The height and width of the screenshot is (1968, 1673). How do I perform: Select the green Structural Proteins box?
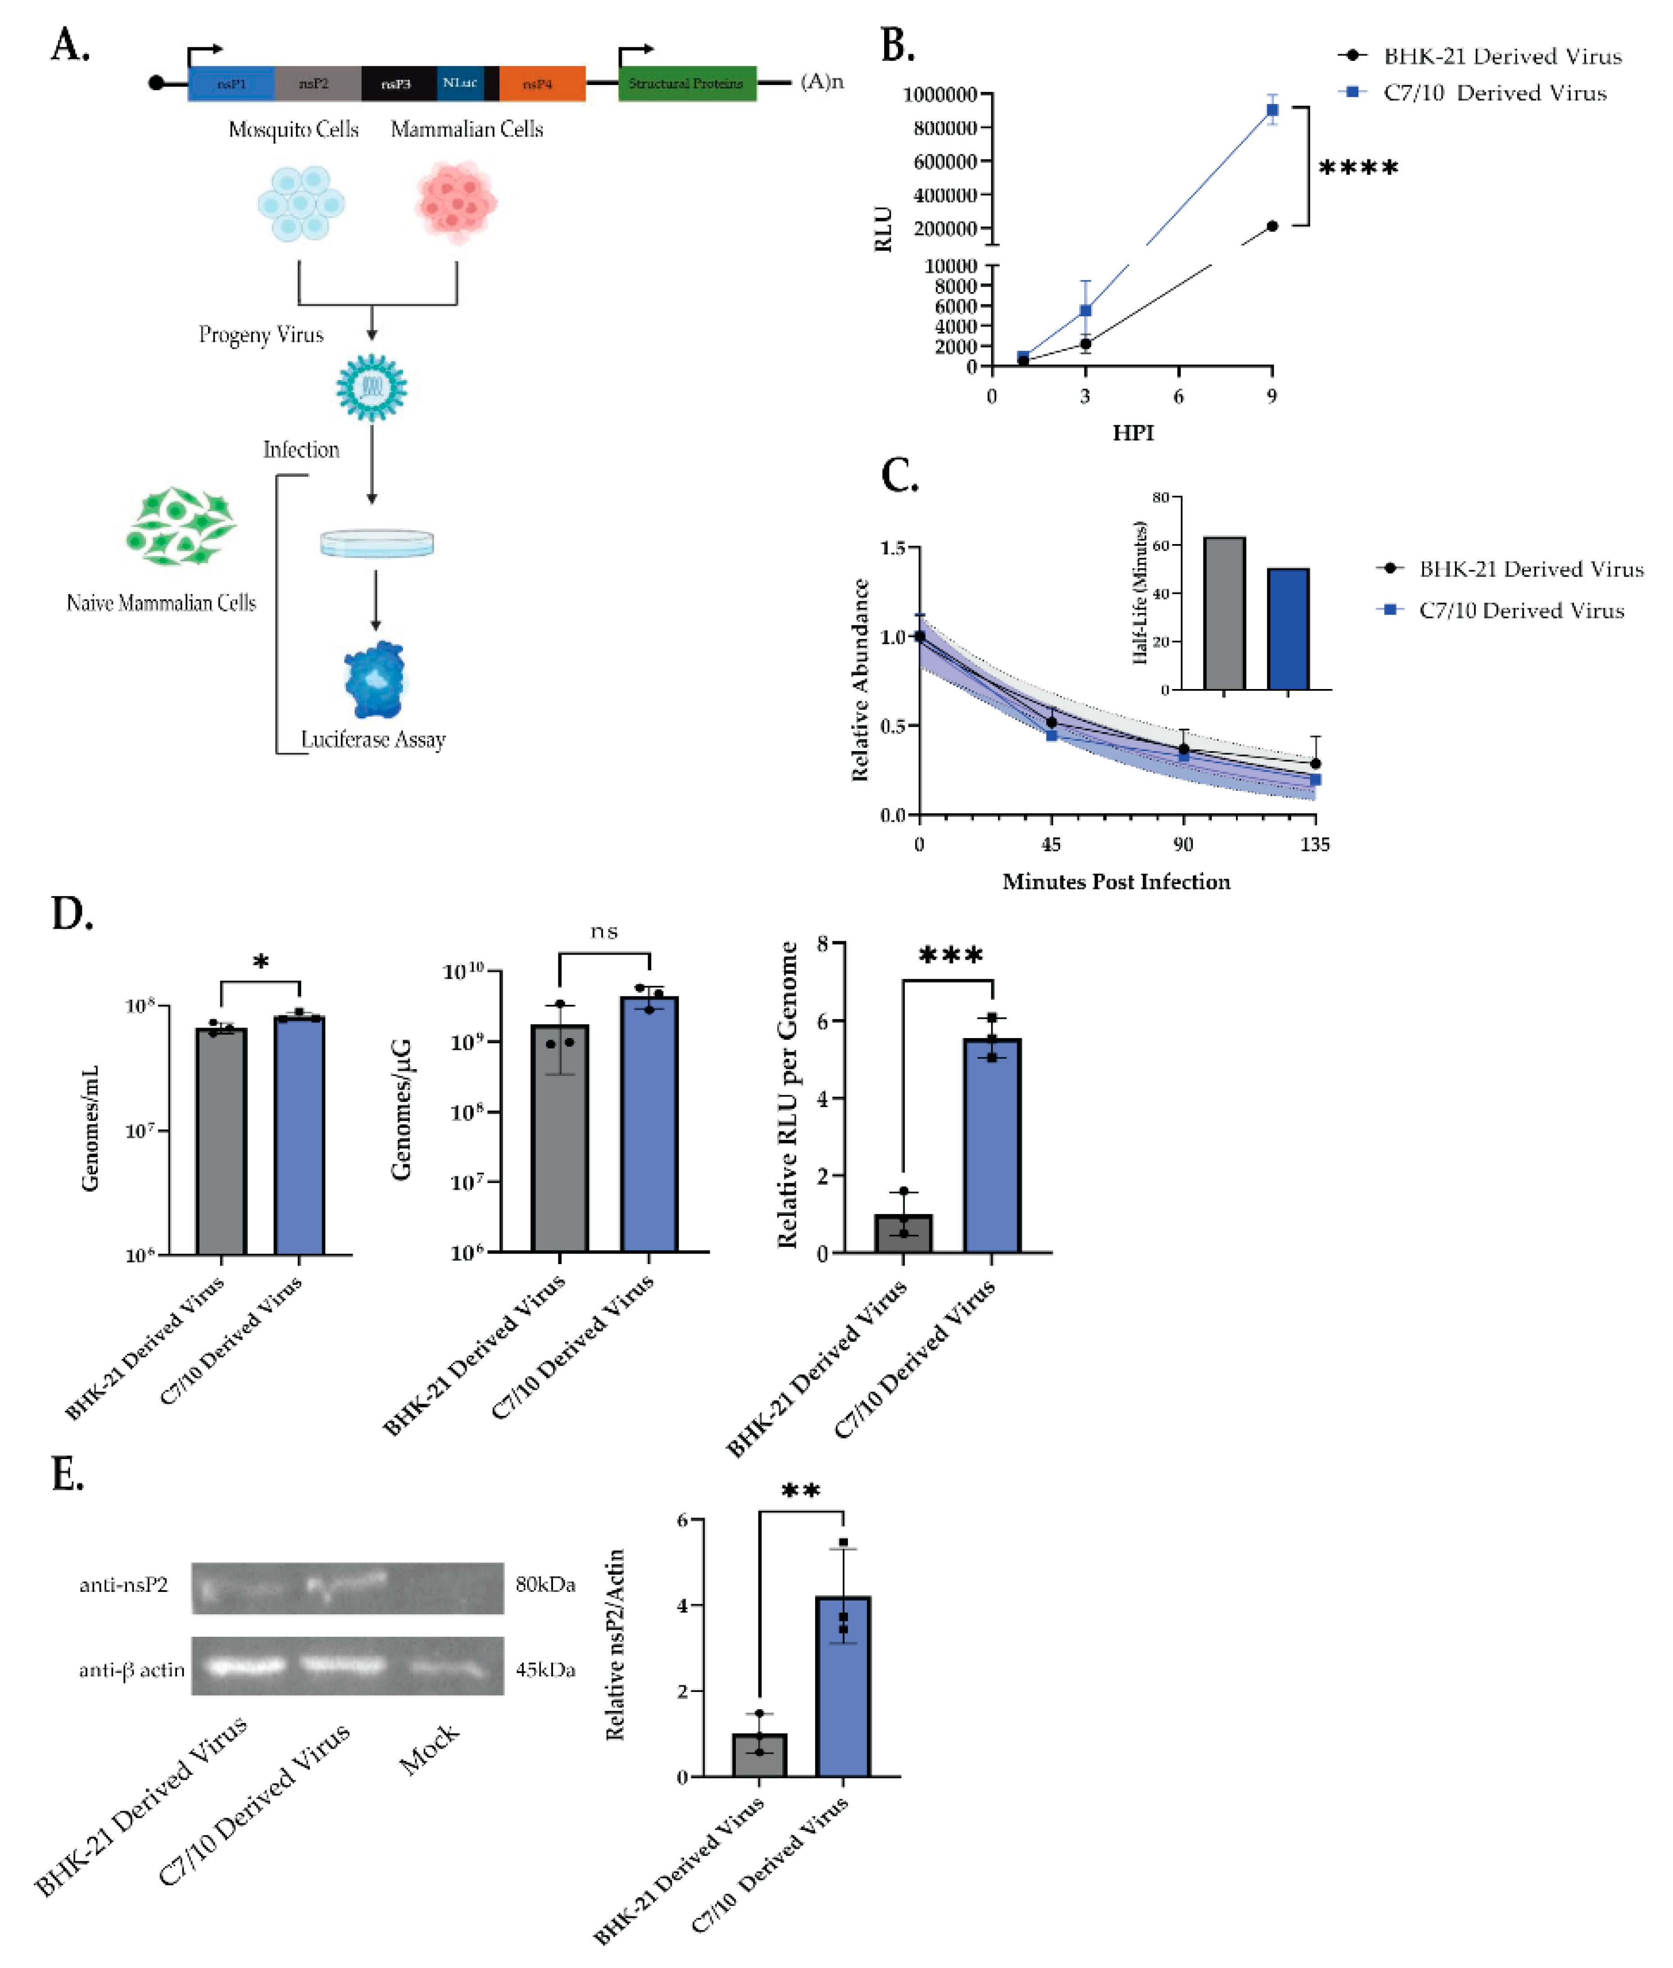pyautogui.click(x=687, y=83)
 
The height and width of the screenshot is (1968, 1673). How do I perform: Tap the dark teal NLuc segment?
pyautogui.click(x=460, y=83)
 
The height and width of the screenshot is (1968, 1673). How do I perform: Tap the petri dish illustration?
pyautogui.click(x=376, y=543)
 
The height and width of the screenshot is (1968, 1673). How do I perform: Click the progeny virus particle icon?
pyautogui.click(x=372, y=387)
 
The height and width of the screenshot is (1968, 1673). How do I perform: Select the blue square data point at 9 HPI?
pyautogui.click(x=1272, y=110)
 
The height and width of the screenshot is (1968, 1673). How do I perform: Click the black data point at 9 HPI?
pyautogui.click(x=1272, y=226)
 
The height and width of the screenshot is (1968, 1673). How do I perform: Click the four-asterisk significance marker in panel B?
pyautogui.click(x=1358, y=169)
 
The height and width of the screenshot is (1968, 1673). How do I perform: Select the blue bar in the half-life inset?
pyautogui.click(x=1288, y=629)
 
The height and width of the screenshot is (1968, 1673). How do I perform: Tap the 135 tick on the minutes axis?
pyautogui.click(x=1315, y=844)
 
